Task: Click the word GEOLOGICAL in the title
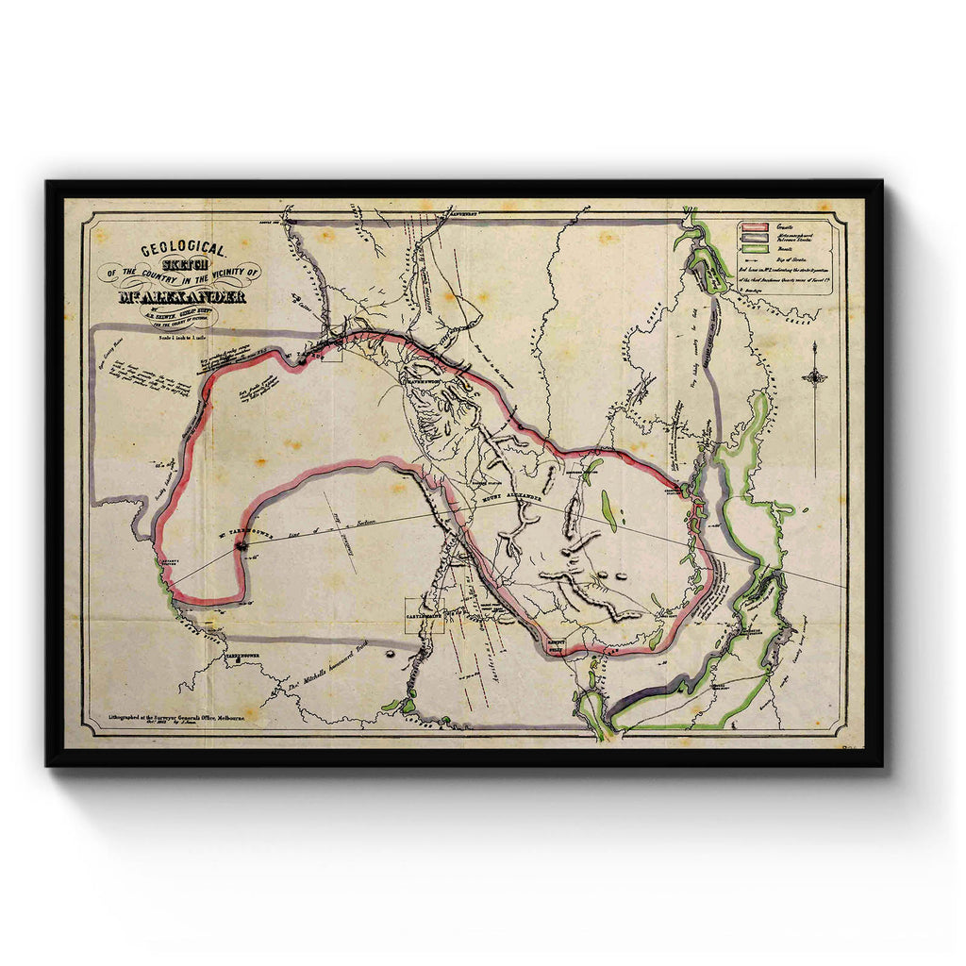click(x=183, y=250)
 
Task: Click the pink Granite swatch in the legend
click(x=751, y=227)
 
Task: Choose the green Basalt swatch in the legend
click(x=751, y=248)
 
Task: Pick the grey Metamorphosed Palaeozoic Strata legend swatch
click(x=751, y=238)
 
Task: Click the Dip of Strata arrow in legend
click(x=751, y=258)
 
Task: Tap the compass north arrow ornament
click(x=814, y=377)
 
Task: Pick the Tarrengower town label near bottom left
click(x=240, y=653)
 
